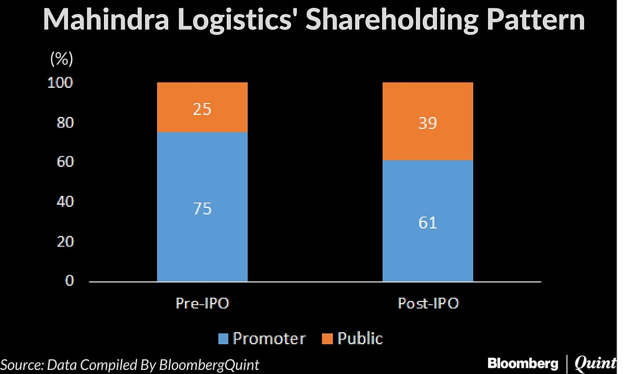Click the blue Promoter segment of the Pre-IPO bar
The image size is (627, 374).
[x=202, y=240]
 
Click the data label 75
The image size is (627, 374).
[x=202, y=209]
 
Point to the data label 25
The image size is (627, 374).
[x=202, y=110]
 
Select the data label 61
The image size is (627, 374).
[x=427, y=223]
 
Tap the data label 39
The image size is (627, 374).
[x=427, y=124]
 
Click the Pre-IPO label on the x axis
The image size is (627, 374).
[x=202, y=303]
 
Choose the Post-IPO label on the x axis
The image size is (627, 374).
[x=428, y=303]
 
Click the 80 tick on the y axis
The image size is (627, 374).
[x=65, y=123]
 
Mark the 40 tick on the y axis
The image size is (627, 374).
[x=65, y=202]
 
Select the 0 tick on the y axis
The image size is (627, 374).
[x=69, y=281]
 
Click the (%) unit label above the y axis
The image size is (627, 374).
[x=61, y=59]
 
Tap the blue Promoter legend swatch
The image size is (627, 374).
[x=223, y=339]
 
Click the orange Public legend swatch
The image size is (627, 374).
[x=328, y=339]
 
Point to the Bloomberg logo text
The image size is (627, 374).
[x=522, y=363]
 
